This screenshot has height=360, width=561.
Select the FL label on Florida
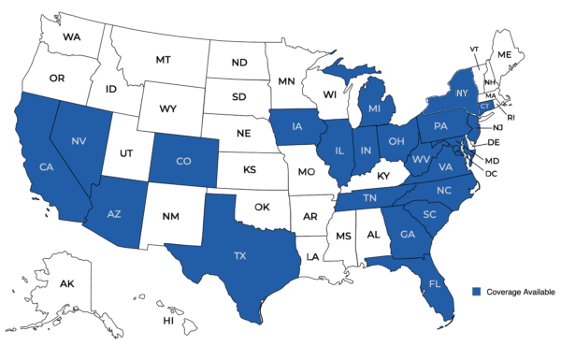click(436, 282)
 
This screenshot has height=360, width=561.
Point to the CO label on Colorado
click(183, 161)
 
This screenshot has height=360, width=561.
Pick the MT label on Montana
click(163, 59)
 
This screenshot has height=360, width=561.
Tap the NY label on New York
click(461, 94)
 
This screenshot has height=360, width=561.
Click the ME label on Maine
click(505, 55)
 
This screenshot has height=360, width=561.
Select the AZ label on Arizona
click(114, 214)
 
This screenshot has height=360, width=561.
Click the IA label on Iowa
click(297, 127)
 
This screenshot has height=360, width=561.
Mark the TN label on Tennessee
click(369, 198)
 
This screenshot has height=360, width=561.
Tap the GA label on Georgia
click(407, 235)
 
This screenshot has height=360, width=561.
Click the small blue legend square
click(477, 292)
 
